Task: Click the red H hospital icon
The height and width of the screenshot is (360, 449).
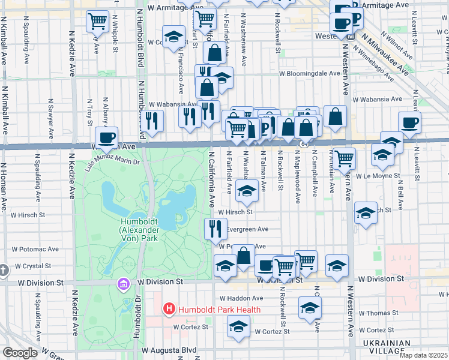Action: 169,309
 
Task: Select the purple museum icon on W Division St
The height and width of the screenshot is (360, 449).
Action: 124,283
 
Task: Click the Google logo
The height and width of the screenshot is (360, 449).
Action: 20,353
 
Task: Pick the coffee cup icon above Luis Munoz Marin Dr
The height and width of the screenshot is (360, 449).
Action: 107,137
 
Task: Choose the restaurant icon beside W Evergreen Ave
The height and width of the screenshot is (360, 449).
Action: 215,228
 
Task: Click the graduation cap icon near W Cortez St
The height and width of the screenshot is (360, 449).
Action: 238,326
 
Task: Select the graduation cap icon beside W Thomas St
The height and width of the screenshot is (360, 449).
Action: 310,307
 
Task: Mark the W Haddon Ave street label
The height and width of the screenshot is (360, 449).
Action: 241,298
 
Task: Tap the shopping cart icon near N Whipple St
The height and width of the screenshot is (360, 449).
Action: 97,21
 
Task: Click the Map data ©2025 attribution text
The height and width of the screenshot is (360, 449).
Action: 423,355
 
